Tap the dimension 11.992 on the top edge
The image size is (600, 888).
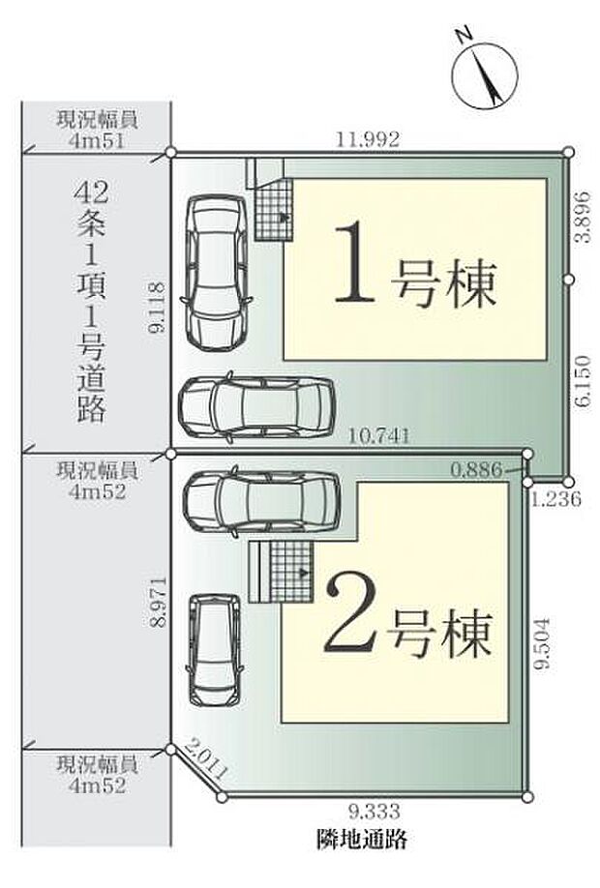[x=368, y=139]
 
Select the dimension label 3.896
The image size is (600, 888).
[x=581, y=229]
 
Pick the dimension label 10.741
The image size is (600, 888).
[x=379, y=437]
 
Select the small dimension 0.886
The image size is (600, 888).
[x=475, y=470]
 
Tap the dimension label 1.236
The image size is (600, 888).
[x=555, y=498]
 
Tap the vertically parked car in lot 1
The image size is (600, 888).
[x=217, y=273]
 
